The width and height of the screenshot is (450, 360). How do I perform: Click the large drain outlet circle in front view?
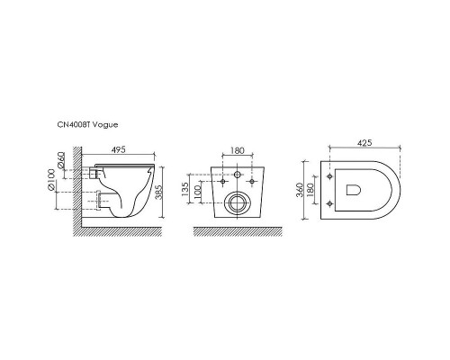[x=238, y=202]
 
